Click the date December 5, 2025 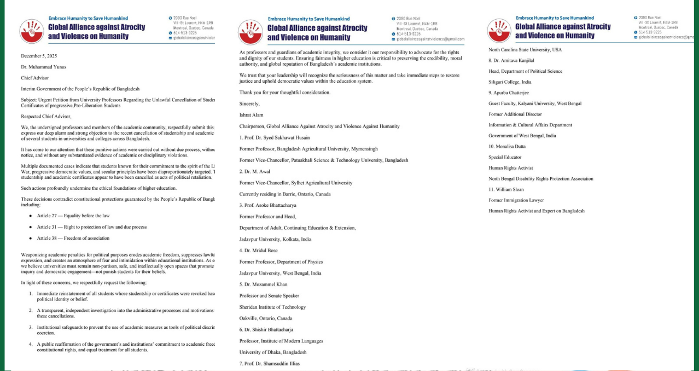point(39,56)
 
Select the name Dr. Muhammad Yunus point(44,67)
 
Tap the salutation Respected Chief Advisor point(46,116)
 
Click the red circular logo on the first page point(31,31)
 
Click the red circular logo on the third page point(498,31)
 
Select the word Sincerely point(249,103)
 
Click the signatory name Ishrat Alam point(252,115)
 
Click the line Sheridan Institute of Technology point(272,307)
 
